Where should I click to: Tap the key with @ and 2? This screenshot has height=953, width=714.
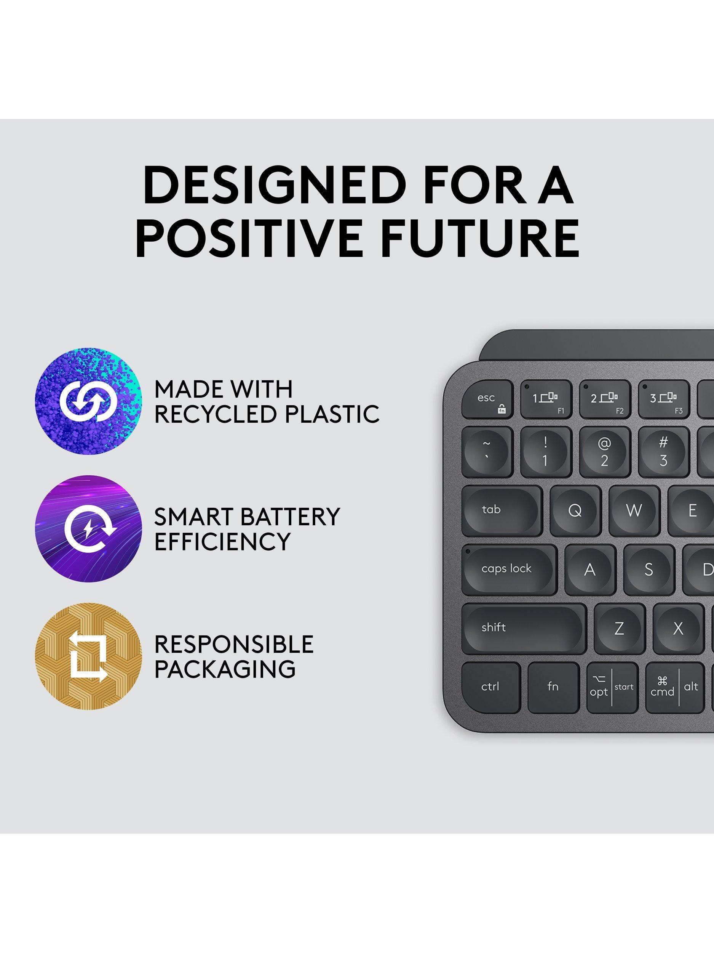605,452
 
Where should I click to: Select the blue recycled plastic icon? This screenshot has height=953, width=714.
88,401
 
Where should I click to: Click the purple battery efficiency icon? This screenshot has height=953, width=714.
88,529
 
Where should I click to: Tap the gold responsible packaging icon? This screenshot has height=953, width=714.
88,656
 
